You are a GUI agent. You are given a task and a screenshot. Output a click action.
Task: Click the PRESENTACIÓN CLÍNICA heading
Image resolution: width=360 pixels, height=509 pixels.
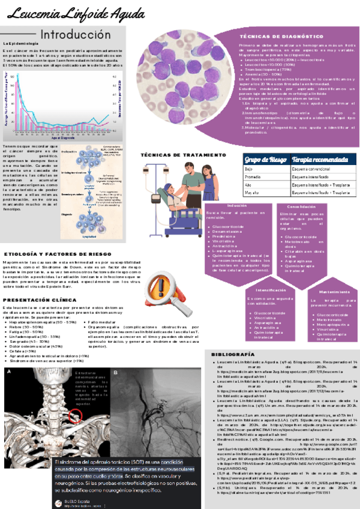coord(37,300)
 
